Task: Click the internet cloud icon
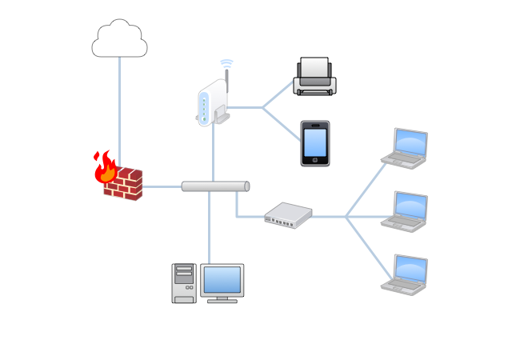click(119, 40)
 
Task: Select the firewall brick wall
click(123, 185)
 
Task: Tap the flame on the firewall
click(104, 166)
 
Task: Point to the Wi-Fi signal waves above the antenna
click(226, 63)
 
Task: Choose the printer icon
click(314, 78)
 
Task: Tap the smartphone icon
click(314, 143)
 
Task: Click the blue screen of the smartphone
click(314, 142)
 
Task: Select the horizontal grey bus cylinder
click(215, 186)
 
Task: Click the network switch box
click(288, 214)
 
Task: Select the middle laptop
click(406, 211)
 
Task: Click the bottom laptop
click(406, 274)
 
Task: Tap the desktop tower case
click(184, 283)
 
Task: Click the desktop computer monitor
click(222, 282)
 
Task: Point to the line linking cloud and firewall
click(120, 104)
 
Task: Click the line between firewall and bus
click(162, 186)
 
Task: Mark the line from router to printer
click(278, 94)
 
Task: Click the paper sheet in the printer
click(314, 67)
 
